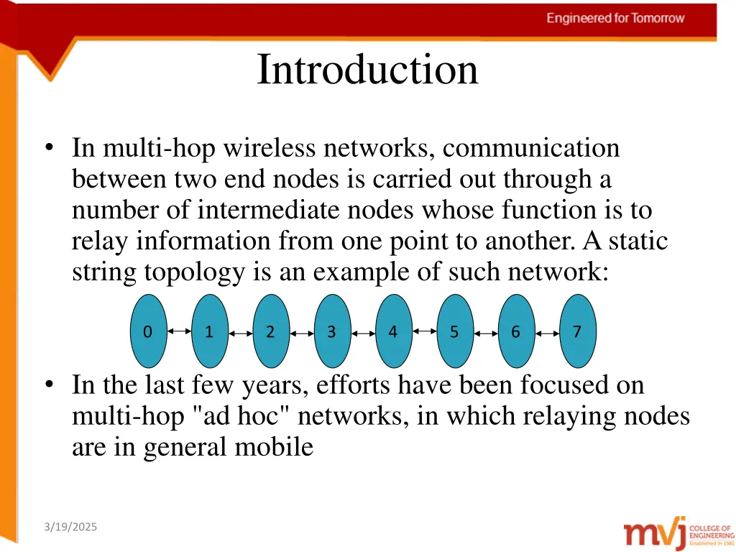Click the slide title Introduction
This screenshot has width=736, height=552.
[x=367, y=70]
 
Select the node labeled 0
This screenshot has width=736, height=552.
[x=148, y=331]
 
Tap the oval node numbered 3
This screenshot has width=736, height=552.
[x=332, y=331]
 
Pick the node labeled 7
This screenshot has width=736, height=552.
[x=577, y=331]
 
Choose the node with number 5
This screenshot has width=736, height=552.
[x=454, y=331]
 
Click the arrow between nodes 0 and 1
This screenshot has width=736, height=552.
[x=179, y=332]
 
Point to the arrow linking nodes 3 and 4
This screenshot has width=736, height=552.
[x=363, y=333]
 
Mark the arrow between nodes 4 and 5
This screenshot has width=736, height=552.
[x=425, y=331]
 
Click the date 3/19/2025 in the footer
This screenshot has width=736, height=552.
[x=70, y=528]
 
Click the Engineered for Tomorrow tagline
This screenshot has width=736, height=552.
[x=615, y=18]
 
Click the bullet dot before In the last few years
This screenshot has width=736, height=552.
[x=49, y=386]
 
